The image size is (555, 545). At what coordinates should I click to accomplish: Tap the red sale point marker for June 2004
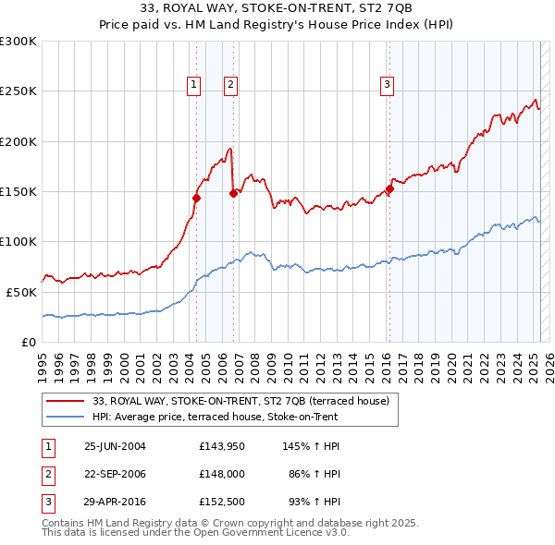coord(196,198)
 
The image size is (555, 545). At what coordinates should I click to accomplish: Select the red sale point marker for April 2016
coord(389,190)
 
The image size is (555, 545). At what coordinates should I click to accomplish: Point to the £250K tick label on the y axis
coord(18,91)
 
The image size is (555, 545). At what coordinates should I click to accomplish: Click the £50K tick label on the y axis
coord(20,292)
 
